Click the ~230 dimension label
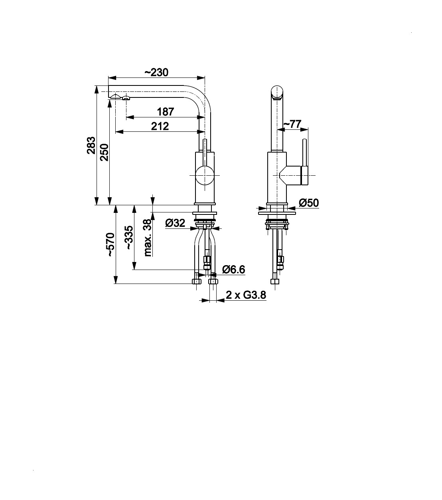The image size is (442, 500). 156,72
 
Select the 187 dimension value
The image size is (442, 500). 166,112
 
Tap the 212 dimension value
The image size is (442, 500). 160,126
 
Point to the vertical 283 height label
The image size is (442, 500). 91,145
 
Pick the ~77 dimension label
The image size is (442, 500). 292,124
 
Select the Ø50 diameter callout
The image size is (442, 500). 309,203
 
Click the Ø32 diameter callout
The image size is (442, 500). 175,223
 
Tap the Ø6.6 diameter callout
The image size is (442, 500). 233,270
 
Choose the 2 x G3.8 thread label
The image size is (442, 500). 246,295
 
